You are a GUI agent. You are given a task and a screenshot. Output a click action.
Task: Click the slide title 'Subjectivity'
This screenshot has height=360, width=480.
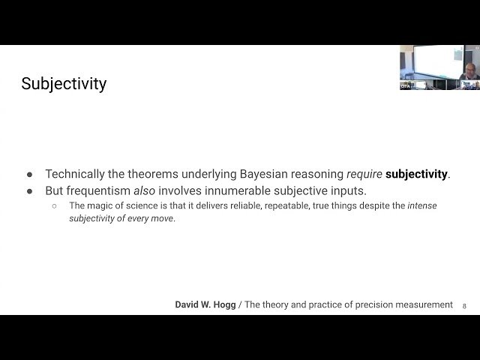click(64, 83)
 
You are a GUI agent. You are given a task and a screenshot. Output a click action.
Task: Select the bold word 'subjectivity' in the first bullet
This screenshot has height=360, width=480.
click(417, 174)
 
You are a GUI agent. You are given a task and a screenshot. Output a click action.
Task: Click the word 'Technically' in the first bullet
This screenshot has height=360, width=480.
click(77, 174)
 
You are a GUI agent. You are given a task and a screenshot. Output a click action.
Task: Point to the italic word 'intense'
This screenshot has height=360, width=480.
click(422, 205)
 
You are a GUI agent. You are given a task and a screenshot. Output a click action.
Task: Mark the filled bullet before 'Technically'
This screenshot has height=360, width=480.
click(30, 174)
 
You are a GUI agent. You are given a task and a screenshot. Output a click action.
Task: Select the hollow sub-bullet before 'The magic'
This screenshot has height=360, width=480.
click(54, 205)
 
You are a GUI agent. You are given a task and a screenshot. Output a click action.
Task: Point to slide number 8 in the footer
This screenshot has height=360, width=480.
click(464, 306)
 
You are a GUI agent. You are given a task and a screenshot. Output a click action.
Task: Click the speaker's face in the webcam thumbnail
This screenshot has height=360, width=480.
click(468, 71)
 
